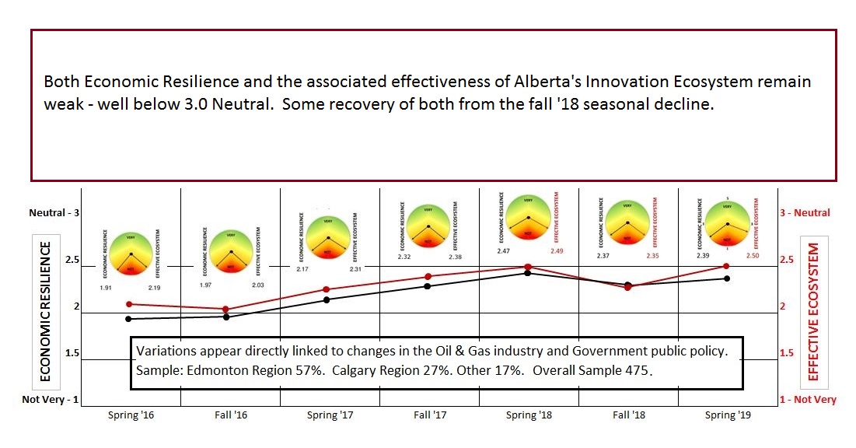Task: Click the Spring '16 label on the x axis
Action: tap(131, 415)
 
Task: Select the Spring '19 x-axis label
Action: tap(727, 415)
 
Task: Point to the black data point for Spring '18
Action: tap(528, 273)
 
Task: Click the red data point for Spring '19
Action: tap(726, 266)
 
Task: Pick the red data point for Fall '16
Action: tap(226, 310)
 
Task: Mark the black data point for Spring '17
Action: tap(326, 299)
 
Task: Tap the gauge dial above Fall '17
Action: tap(428, 226)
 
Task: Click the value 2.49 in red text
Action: tap(557, 250)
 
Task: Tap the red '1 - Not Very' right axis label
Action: tap(808, 400)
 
